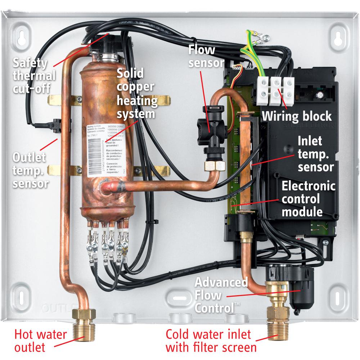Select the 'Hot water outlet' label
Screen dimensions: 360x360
[40, 341]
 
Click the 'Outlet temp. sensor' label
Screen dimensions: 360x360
[30, 170]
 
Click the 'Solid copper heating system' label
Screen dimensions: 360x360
[137, 94]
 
